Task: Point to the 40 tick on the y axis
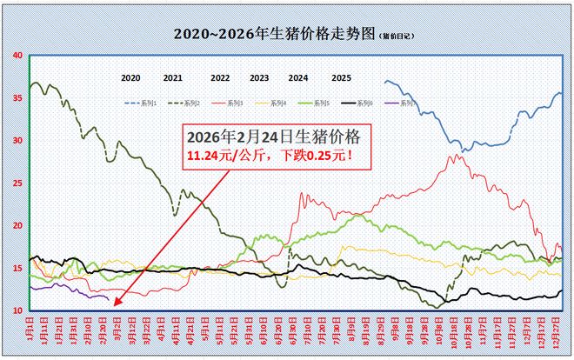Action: tap(18, 56)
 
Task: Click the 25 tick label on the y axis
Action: tap(18, 183)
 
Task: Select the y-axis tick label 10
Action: tap(18, 310)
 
